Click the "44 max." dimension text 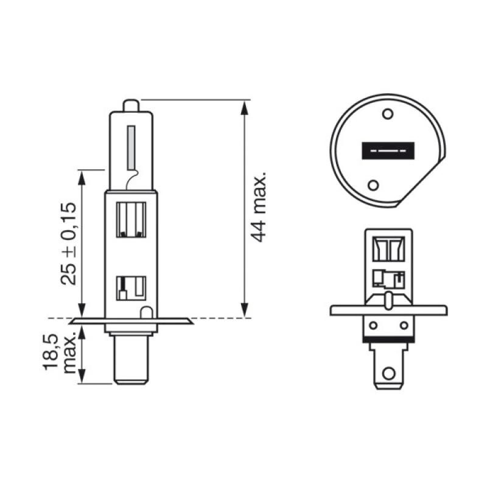[260, 207]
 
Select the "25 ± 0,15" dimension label [68, 243]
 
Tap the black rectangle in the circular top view [388, 150]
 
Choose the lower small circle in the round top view [374, 184]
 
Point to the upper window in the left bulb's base [131, 220]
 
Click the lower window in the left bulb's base [131, 287]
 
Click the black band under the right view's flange [387, 339]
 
